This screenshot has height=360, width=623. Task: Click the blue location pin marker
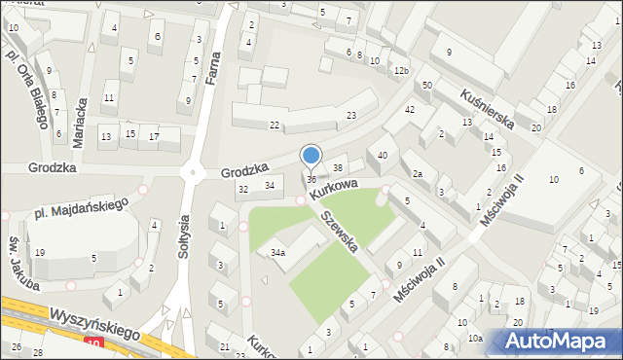[311, 156]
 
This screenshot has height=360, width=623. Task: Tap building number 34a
[278, 253]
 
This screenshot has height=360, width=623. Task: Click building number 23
[351, 116]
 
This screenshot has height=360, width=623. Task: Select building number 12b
[401, 71]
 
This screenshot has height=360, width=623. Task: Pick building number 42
[410, 110]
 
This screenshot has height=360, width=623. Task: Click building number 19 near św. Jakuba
[39, 253]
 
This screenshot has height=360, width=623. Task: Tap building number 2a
[417, 174]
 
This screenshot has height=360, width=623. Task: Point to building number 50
[427, 87]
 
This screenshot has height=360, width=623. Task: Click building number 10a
[474, 339]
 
